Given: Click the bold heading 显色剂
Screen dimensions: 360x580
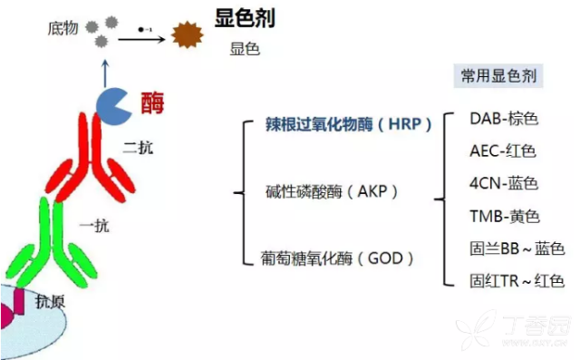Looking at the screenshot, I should [x=245, y=17].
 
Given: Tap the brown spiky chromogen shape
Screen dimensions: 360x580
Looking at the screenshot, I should [x=188, y=37].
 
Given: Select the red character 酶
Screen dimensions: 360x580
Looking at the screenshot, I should [x=153, y=103].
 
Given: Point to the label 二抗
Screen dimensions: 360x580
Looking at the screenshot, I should [x=138, y=147].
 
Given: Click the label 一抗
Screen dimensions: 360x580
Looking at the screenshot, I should [x=94, y=226].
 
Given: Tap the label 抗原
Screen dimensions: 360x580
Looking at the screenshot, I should [x=51, y=299].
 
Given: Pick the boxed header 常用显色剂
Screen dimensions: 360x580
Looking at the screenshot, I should [x=498, y=76].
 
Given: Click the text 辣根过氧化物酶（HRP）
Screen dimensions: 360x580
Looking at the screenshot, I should [x=348, y=123].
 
